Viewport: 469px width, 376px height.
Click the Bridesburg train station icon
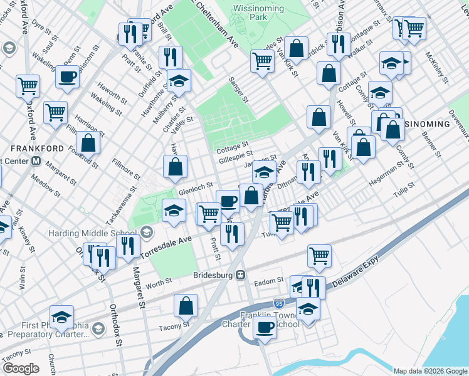[x=240, y=275]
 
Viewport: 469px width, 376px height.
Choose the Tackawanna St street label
[x=122, y=205]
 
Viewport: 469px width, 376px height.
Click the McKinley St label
[x=436, y=67]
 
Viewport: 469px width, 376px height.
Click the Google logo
[x=21, y=368]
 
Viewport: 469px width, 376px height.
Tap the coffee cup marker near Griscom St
[x=67, y=78]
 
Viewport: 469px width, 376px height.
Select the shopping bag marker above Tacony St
[x=186, y=306]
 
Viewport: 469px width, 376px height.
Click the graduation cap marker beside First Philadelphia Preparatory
[x=62, y=317]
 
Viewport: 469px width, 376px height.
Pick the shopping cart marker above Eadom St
[x=319, y=256]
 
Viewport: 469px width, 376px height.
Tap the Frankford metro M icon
[x=36, y=161]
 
